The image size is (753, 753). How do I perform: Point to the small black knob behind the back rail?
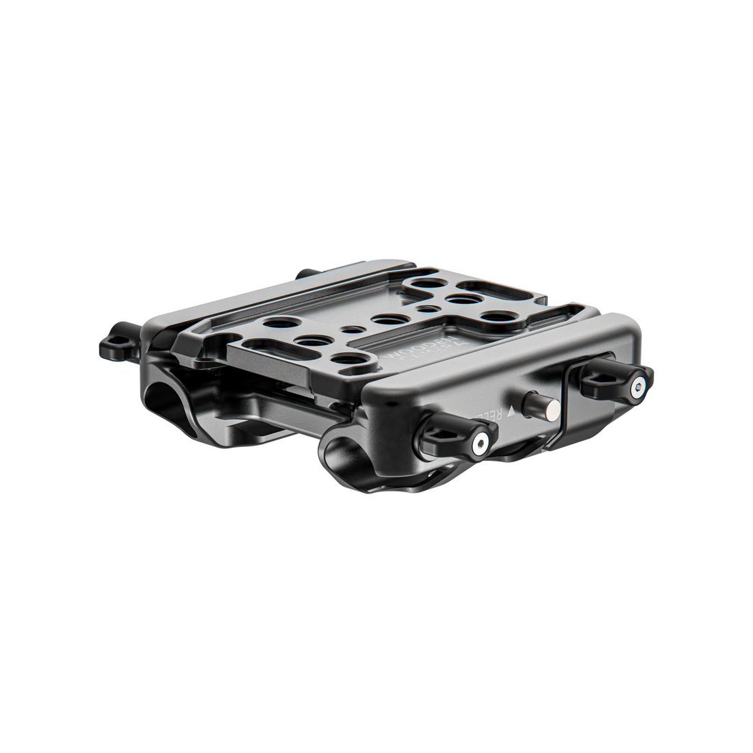point(301,272)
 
